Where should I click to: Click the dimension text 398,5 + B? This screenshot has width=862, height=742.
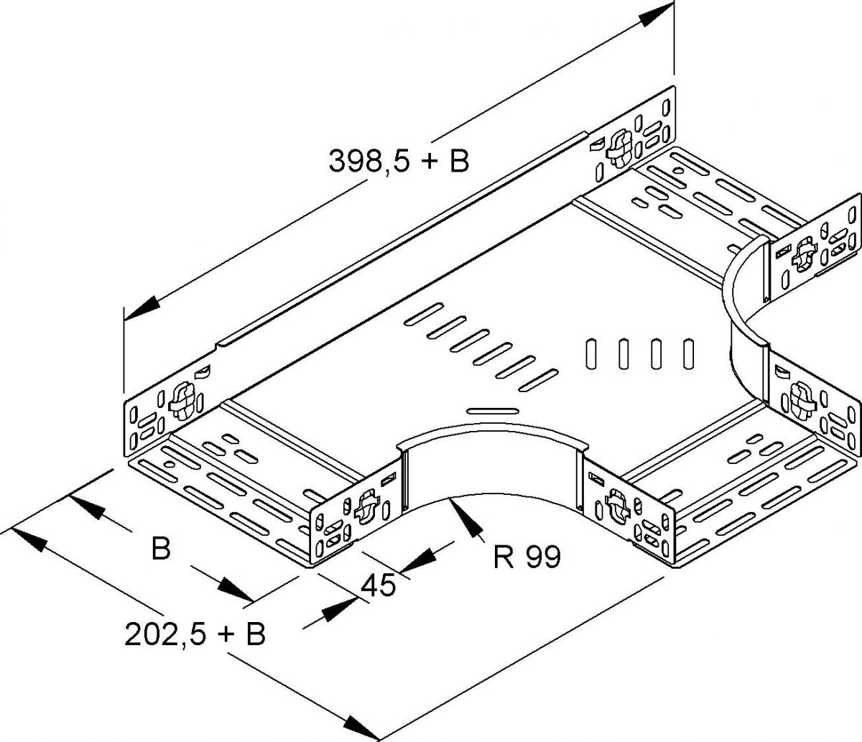[x=399, y=161]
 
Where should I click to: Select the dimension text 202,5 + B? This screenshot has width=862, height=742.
[x=195, y=634]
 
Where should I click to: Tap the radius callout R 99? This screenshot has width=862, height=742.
[x=527, y=556]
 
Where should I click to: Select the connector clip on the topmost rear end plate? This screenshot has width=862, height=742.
[x=616, y=148]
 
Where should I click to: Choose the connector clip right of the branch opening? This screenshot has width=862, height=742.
[x=616, y=502]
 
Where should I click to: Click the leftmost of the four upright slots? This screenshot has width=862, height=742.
[x=590, y=353]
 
